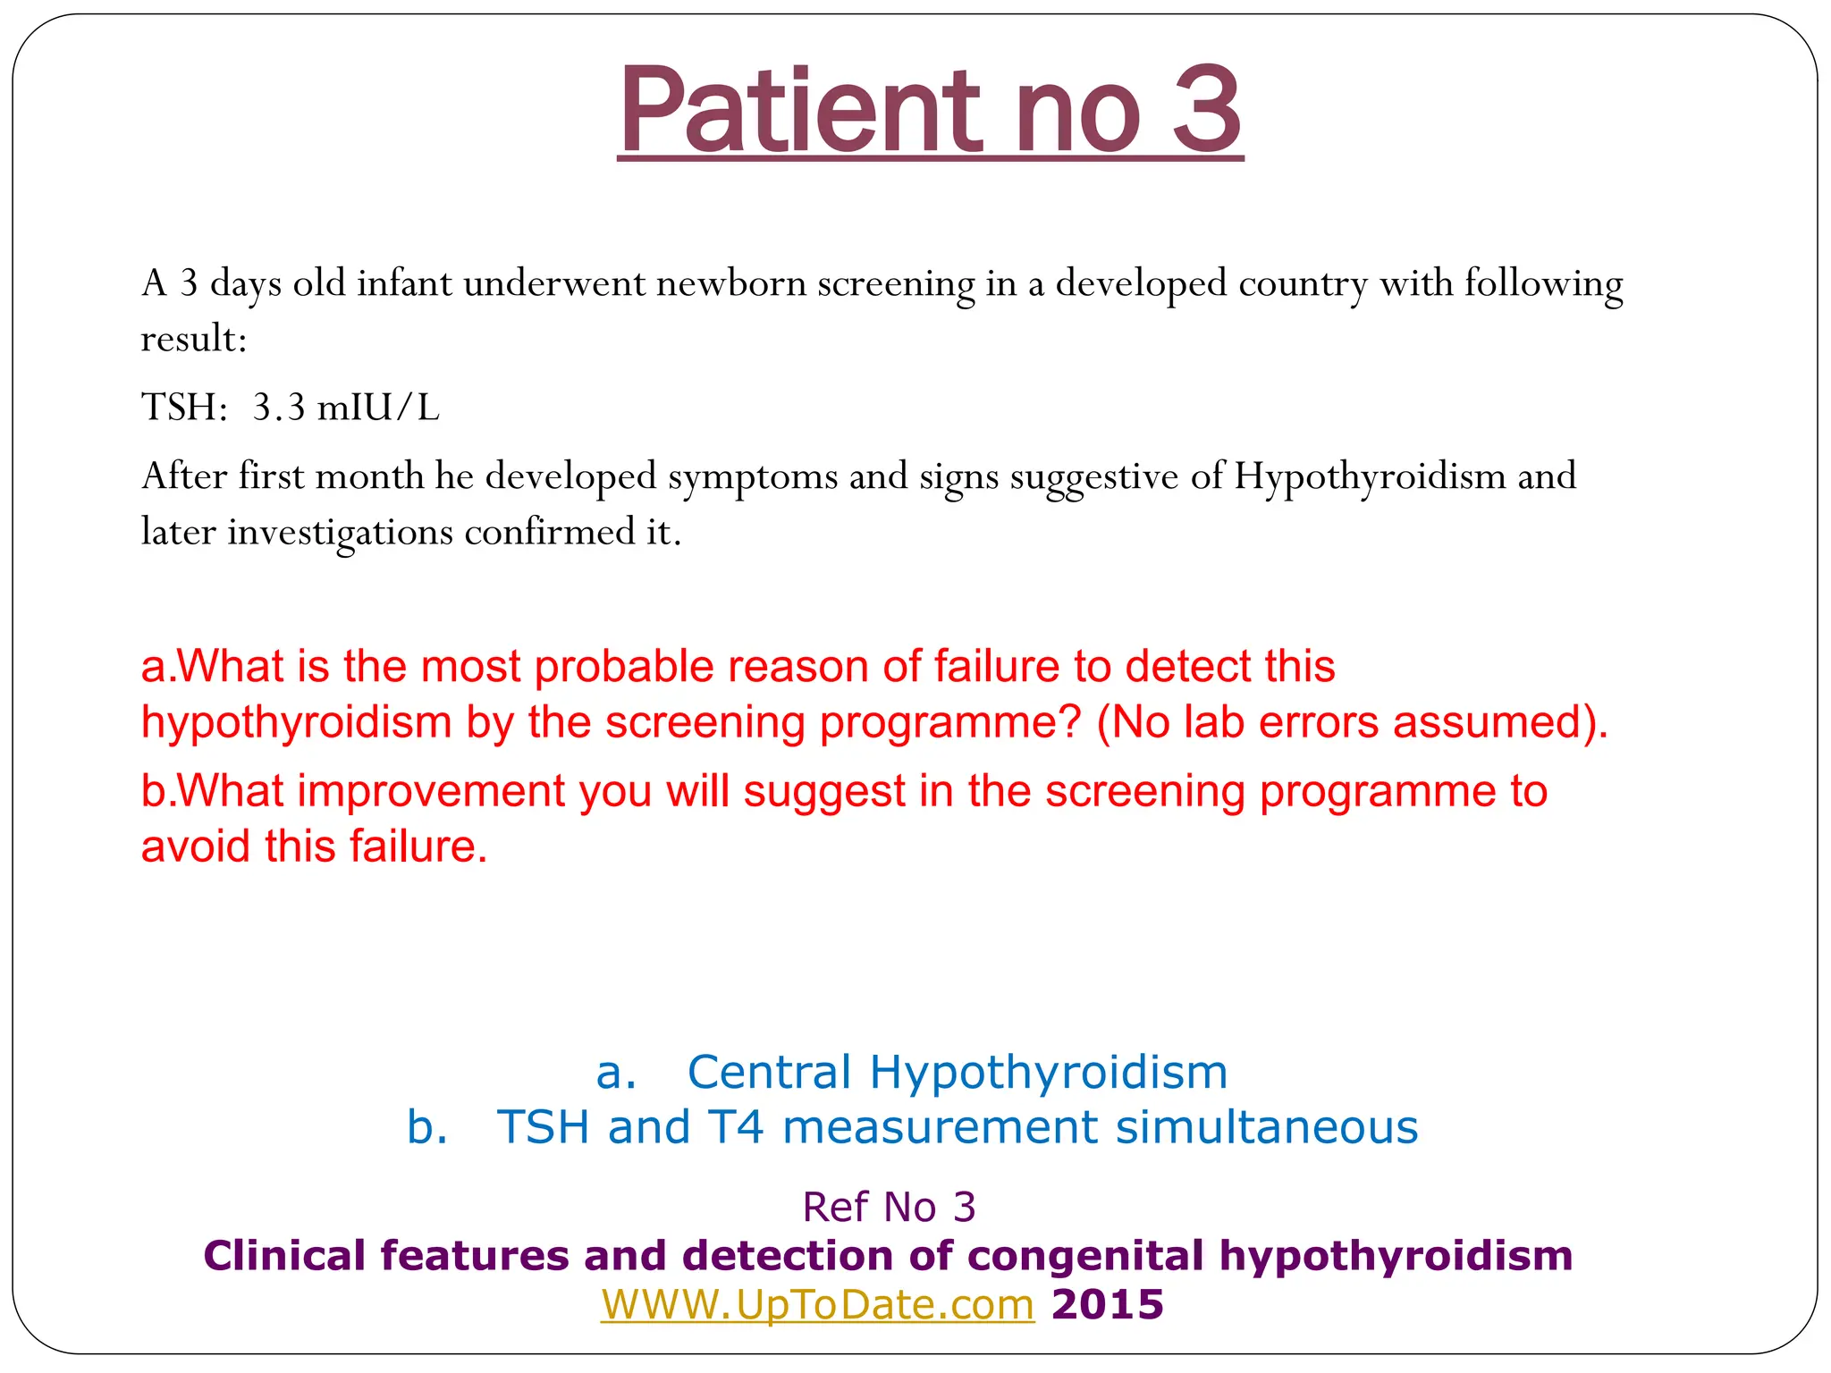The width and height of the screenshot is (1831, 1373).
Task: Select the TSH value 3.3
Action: coord(279,408)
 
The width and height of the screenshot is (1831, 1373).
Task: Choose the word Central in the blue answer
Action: coord(769,1072)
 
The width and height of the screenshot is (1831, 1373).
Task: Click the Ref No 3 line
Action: coord(889,1208)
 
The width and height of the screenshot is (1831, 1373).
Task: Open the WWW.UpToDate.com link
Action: coord(817,1305)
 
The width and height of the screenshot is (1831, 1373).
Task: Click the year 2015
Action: coord(1108,1305)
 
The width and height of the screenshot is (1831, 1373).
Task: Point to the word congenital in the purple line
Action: coord(1085,1256)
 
